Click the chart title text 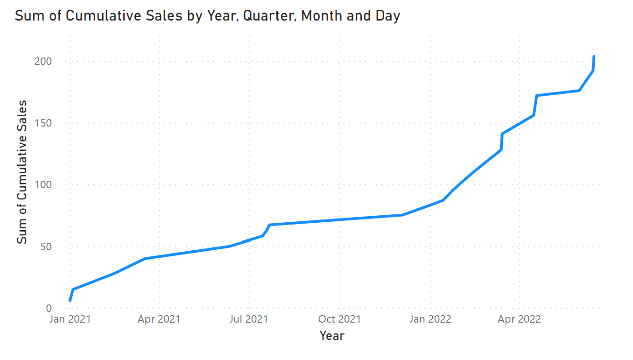click(207, 16)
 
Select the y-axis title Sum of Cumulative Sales click(22, 172)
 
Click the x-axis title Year click(332, 335)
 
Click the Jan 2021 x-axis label click(70, 319)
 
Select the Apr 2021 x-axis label click(160, 319)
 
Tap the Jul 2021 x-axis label click(249, 319)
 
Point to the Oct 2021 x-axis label click(339, 319)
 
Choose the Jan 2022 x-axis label click(430, 319)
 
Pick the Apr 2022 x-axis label click(520, 319)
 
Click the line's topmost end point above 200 click(594, 56)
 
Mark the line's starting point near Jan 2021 click(70, 300)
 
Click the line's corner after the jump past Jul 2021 click(270, 225)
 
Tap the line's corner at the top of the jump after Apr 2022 click(537, 96)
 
